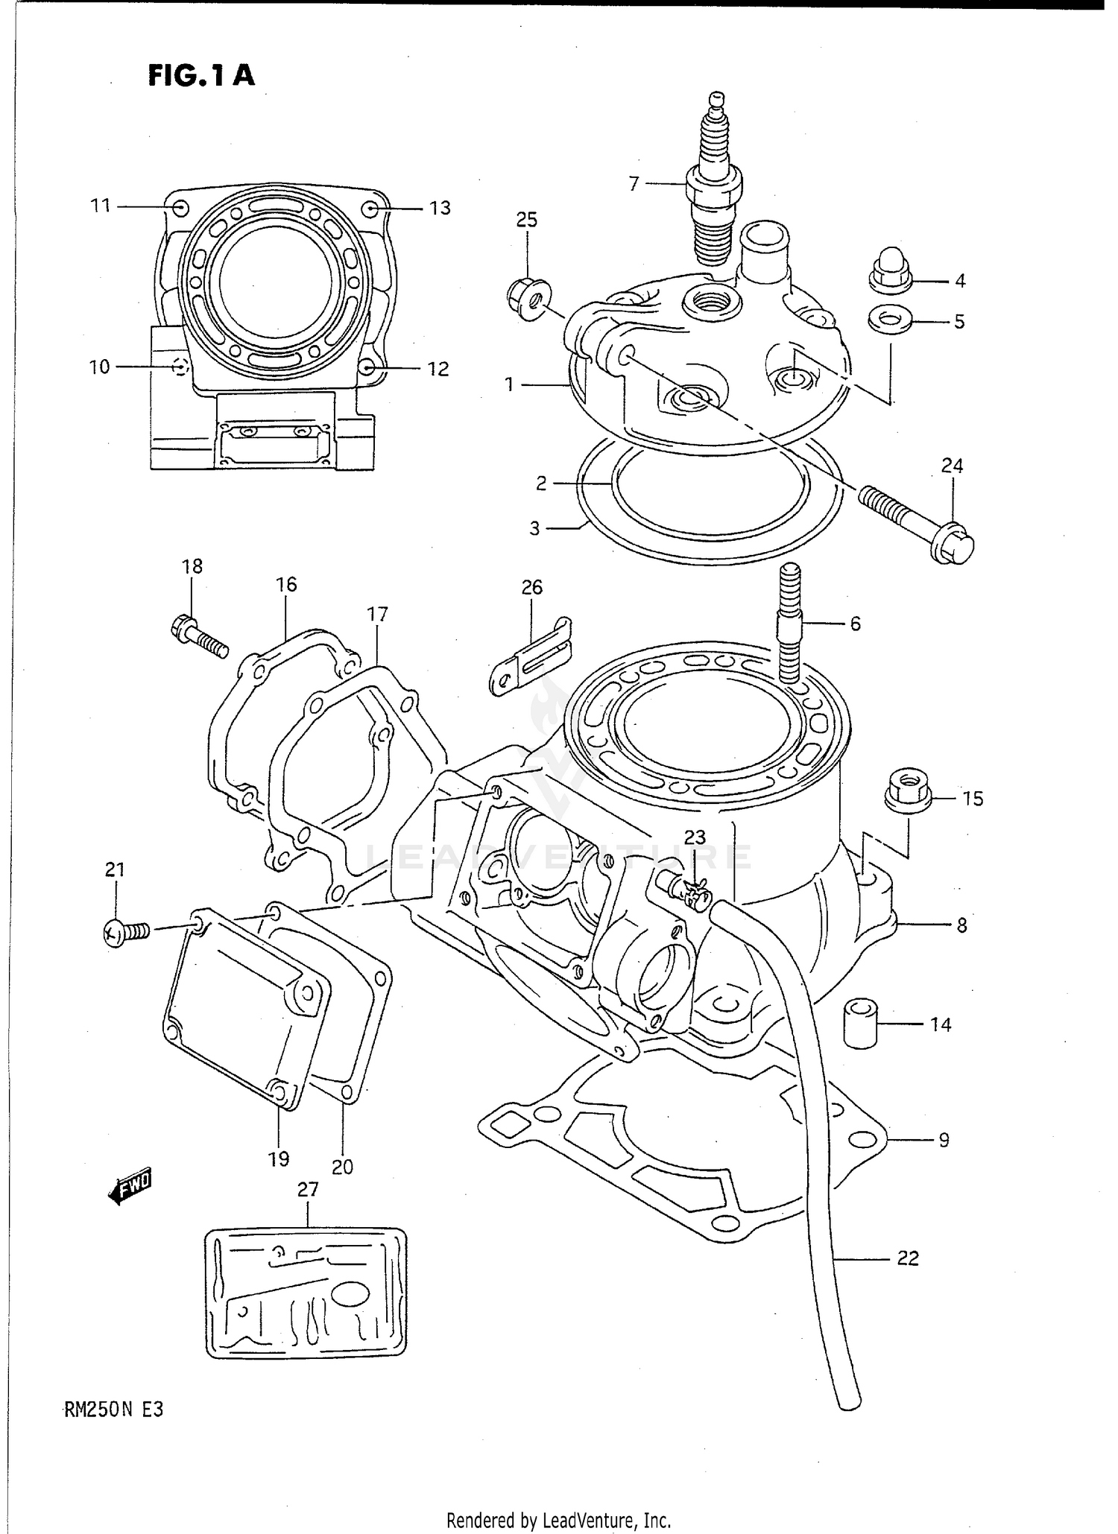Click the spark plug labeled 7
click(715, 186)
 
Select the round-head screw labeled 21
click(125, 931)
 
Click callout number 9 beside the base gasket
click(943, 1139)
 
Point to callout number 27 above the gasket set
click(308, 1189)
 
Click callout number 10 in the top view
click(99, 367)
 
